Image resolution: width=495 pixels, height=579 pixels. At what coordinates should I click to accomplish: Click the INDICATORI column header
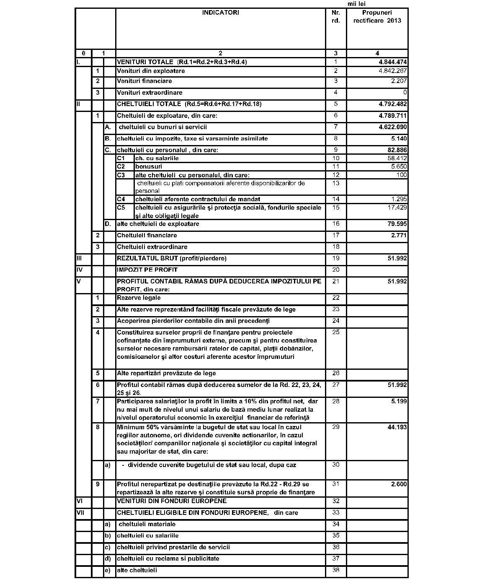[220, 13]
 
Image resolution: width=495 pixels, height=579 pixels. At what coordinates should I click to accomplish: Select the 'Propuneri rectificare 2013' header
[377, 16]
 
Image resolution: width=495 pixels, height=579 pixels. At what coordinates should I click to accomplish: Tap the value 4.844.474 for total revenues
[392, 62]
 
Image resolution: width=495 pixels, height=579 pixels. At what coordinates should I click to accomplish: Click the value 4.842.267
[392, 71]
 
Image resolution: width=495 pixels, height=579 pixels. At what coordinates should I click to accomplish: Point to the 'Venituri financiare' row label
[144, 81]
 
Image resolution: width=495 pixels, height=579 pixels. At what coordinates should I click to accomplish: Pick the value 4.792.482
[392, 104]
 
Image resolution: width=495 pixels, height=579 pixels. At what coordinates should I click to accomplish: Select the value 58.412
[397, 158]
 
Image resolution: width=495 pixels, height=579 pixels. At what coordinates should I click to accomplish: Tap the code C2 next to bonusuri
[121, 166]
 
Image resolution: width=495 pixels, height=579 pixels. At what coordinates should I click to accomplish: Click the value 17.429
[397, 208]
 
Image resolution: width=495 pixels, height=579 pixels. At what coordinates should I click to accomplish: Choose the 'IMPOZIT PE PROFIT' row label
[147, 270]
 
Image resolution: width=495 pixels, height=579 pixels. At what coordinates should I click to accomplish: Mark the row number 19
[335, 258]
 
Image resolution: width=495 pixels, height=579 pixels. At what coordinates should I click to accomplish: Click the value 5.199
[399, 401]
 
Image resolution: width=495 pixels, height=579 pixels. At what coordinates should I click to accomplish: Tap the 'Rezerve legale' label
[139, 298]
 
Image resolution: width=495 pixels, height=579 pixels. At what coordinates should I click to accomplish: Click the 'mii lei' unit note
[356, 4]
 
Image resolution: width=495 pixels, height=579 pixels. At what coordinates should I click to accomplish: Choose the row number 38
[335, 570]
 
